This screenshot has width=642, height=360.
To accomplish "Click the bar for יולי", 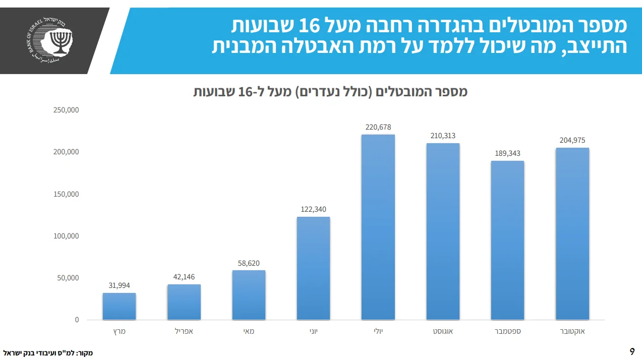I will pyautogui.click(x=378, y=227).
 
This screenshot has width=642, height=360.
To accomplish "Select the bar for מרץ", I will pyautogui.click(x=119, y=306).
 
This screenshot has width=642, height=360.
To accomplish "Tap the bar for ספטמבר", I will pyautogui.click(x=507, y=240).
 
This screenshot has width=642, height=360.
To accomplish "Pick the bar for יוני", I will pyautogui.click(x=313, y=268).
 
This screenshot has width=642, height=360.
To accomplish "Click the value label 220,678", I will pyautogui.click(x=378, y=127).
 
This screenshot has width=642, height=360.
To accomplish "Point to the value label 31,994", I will pyautogui.click(x=119, y=285).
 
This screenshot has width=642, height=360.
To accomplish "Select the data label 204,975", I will pyautogui.click(x=572, y=140).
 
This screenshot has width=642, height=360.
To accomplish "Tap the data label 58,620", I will pyautogui.click(x=249, y=263).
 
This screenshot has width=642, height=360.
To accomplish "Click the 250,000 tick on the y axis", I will pyautogui.click(x=66, y=110).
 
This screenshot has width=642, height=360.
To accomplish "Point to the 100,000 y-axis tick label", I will pyautogui.click(x=66, y=236).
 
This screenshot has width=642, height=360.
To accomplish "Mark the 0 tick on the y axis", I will pyautogui.click(x=77, y=320).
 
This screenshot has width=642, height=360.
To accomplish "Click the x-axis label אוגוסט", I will pyautogui.click(x=443, y=332).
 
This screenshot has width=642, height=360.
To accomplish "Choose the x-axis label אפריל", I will pyautogui.click(x=184, y=332).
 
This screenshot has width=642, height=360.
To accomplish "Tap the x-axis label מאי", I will pyautogui.click(x=249, y=332).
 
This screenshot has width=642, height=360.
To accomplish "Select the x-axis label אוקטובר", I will pyautogui.click(x=572, y=332).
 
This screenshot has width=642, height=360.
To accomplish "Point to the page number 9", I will pyautogui.click(x=632, y=351).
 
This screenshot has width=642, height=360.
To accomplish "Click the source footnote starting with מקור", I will pyautogui.click(x=48, y=353).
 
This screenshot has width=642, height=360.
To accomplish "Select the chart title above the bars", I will pyautogui.click(x=330, y=92).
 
